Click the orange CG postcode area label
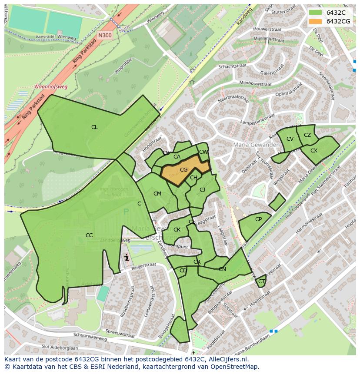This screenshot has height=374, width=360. [x=183, y=170]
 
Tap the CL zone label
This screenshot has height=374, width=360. [x=94, y=127]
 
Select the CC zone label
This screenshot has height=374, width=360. [x=89, y=235]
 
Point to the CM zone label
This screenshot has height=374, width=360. [x=157, y=194]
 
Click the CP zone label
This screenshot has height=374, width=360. [x=258, y=219]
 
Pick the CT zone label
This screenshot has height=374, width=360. [x=261, y=281]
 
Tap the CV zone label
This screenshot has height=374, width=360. [x=290, y=139]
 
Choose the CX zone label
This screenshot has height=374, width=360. [x=314, y=151]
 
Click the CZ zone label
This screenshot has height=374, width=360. [x=307, y=135]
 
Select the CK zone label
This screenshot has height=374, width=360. [x=177, y=230]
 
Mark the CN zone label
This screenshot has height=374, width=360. [x=222, y=269]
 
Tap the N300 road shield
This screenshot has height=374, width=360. [x=104, y=36]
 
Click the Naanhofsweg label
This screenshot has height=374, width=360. [x=51, y=86]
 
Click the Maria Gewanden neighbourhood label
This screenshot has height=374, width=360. [x=256, y=145]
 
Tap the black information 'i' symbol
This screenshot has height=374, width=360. [x=127, y=258]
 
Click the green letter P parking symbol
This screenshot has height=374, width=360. [x=127, y=212]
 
